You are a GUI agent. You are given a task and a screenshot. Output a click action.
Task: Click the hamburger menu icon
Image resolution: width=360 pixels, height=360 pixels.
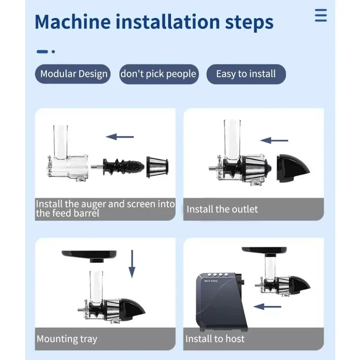[321, 15]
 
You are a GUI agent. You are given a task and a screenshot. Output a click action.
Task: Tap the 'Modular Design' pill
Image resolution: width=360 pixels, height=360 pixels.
[73, 74]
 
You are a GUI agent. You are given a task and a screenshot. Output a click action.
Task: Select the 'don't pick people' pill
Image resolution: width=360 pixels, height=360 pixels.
[159, 74]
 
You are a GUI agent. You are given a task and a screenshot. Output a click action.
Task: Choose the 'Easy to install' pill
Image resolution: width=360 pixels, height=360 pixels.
[246, 74]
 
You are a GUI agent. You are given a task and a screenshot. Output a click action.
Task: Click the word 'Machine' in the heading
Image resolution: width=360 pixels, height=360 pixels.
[73, 22]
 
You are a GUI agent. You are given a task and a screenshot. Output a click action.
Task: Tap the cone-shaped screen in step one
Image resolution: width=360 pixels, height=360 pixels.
[157, 167]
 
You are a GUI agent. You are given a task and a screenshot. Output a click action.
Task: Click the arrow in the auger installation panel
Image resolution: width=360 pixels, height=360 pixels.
[120, 137]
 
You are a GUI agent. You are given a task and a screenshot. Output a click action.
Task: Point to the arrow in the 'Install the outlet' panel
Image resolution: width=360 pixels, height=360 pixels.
[274, 140]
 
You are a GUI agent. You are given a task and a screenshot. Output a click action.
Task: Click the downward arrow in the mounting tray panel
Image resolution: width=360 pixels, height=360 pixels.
[132, 264]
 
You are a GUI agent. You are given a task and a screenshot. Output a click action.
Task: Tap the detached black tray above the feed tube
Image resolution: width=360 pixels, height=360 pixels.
[89, 256]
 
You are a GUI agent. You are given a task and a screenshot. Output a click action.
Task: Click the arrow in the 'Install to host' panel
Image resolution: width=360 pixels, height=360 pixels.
[267, 306]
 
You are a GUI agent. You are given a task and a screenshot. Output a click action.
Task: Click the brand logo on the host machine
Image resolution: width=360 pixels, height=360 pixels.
[211, 281]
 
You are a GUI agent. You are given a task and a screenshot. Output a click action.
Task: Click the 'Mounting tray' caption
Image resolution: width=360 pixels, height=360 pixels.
[67, 339]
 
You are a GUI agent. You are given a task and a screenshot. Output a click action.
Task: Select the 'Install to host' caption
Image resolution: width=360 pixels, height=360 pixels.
[215, 339]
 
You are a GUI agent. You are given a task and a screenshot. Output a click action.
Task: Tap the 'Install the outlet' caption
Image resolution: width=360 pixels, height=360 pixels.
[222, 209]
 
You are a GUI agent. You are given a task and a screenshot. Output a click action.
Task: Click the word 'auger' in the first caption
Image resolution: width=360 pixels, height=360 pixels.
[93, 204]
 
